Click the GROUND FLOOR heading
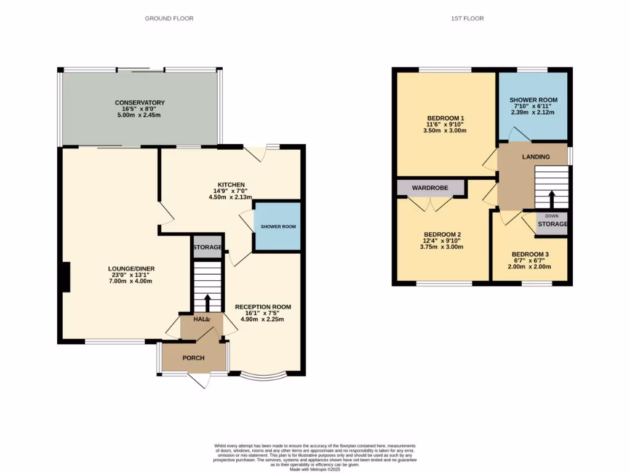click(169, 18)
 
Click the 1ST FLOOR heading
click(467, 18)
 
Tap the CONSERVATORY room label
click(140, 103)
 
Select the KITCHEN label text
click(231, 184)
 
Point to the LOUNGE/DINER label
click(131, 269)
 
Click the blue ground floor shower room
click(277, 226)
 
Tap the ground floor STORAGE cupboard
click(207, 247)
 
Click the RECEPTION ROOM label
click(263, 307)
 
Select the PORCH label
click(193, 358)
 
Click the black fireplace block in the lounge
click(65, 277)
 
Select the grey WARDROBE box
click(429, 187)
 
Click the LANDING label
click(536, 156)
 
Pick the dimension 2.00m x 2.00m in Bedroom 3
click(530, 267)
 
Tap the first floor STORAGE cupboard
click(552, 224)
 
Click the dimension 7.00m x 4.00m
click(130, 281)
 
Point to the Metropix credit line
click(315, 469)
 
